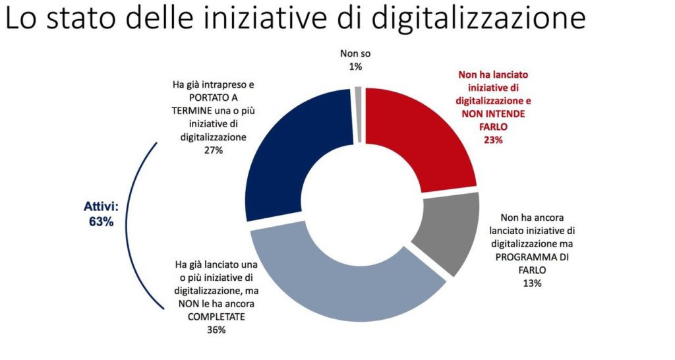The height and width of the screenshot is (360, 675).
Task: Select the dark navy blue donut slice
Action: click(x=290, y=152)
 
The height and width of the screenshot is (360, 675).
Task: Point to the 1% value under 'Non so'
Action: click(x=356, y=66)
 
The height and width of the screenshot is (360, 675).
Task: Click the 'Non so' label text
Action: click(x=356, y=54)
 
